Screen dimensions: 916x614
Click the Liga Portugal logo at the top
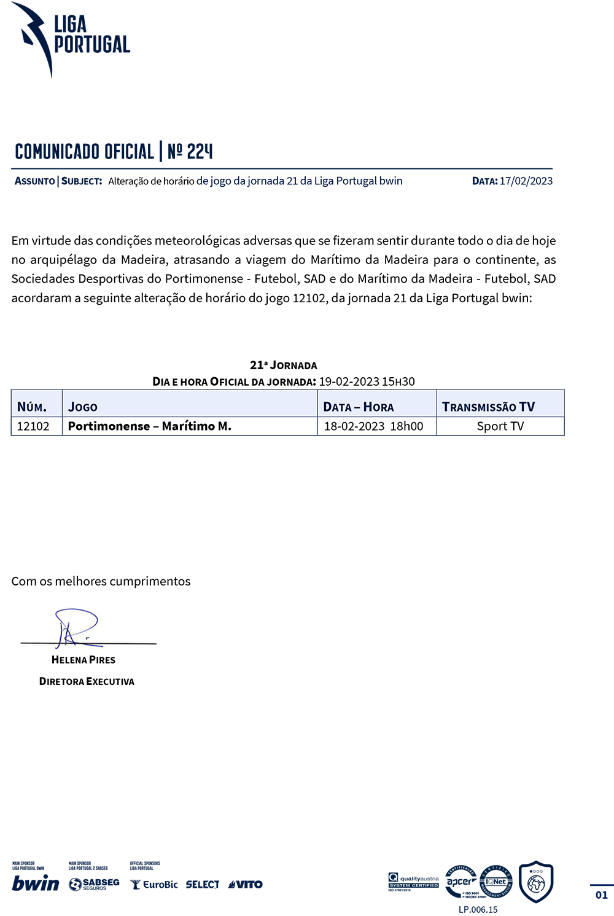point(70,38)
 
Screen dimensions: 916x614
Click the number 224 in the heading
point(200,151)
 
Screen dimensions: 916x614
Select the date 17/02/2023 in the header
point(526,181)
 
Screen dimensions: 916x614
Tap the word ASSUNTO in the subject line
point(35,181)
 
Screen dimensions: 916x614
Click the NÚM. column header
point(32,407)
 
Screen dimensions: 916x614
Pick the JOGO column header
point(83,407)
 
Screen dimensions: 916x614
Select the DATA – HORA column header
point(359,407)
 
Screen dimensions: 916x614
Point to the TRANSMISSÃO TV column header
point(488,407)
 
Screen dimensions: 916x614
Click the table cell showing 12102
point(33,426)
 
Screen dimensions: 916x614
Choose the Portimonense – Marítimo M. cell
point(150,426)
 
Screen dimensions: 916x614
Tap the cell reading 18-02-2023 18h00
point(373,426)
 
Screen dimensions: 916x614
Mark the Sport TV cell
point(500,426)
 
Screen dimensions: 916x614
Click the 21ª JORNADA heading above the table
point(283,366)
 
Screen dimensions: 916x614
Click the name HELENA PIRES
point(84,660)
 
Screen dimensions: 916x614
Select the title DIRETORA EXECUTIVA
point(87,681)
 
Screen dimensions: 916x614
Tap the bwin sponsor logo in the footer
point(36,883)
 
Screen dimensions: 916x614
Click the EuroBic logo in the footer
point(155,885)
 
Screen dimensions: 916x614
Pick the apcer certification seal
point(460,882)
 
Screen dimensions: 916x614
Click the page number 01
point(602,895)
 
